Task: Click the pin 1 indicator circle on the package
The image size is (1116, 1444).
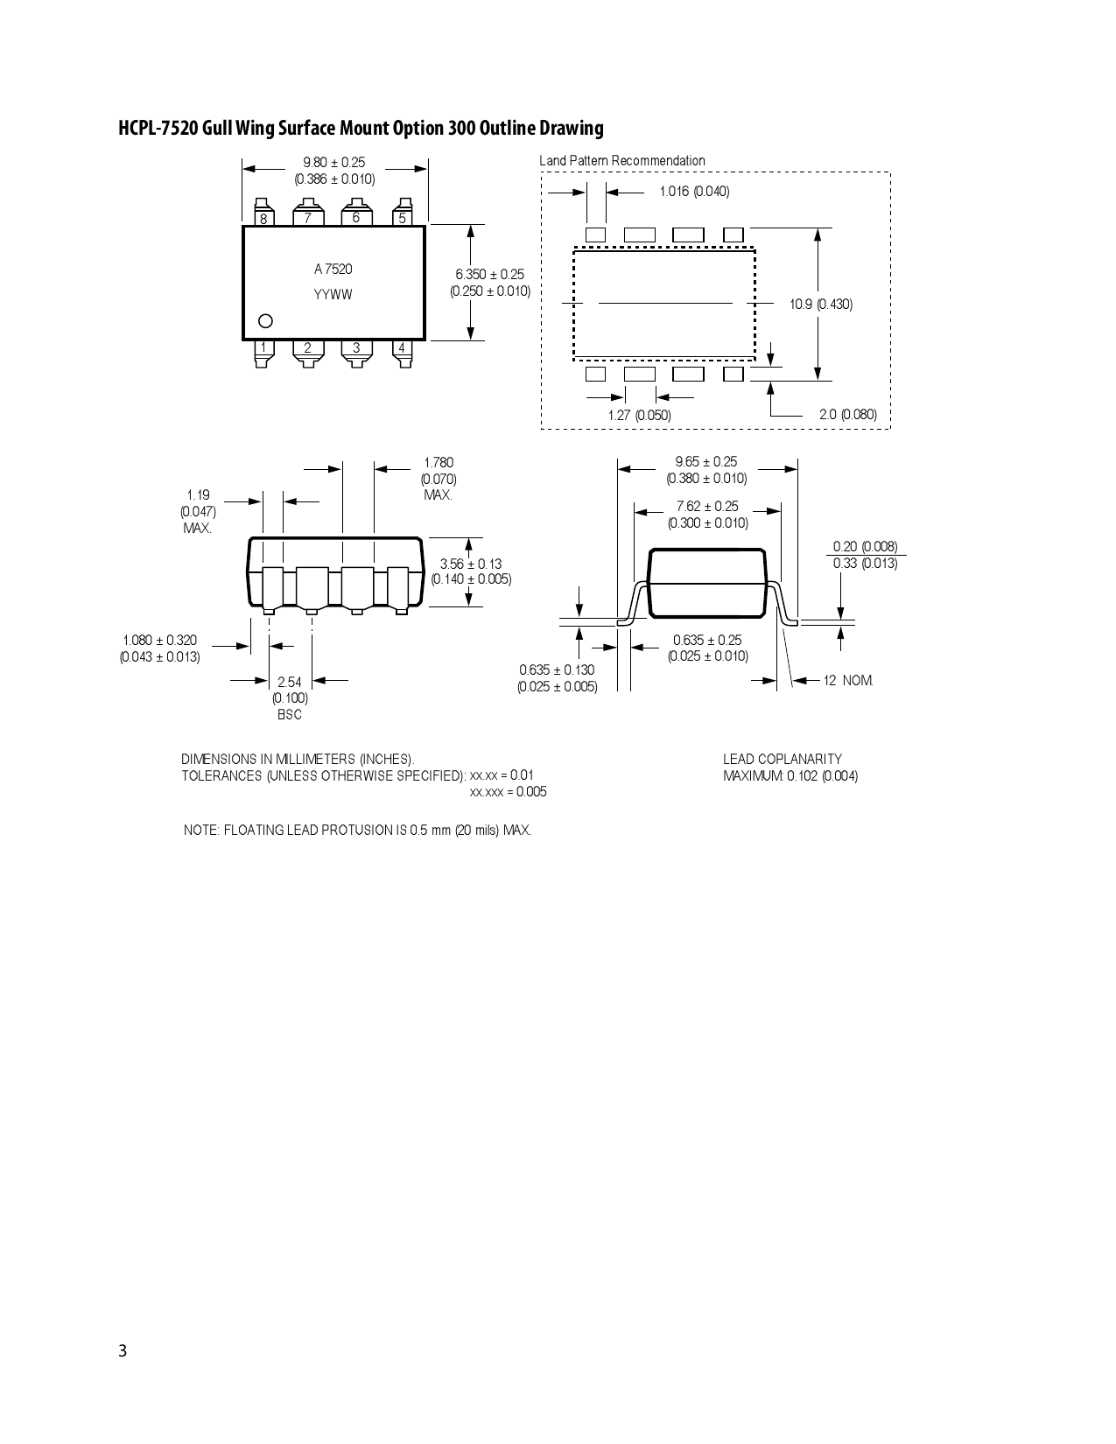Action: point(266,321)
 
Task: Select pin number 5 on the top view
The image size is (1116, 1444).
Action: point(403,218)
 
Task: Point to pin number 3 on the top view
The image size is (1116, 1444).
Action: point(356,348)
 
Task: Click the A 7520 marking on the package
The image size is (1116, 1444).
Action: point(333,270)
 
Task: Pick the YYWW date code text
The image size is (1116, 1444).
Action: point(333,295)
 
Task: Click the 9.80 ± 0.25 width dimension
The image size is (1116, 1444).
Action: point(334,163)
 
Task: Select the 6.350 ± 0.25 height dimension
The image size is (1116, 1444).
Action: point(490,275)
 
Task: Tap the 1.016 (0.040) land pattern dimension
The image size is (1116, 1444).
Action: point(694,192)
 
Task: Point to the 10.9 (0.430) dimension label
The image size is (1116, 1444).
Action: point(821,305)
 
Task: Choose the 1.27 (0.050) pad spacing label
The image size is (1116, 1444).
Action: point(640,415)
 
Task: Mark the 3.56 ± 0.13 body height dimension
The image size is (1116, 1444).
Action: point(471,564)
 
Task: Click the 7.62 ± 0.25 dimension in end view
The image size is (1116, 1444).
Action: point(707,507)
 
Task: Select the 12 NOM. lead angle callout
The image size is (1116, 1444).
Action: point(848,681)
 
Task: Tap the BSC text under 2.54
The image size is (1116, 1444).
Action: point(290,715)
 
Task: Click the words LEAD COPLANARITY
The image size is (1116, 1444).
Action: point(783,760)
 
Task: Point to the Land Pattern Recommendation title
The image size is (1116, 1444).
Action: point(622,161)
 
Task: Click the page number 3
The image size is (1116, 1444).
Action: point(123,1351)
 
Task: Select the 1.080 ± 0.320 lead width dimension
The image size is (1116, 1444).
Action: point(160,641)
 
